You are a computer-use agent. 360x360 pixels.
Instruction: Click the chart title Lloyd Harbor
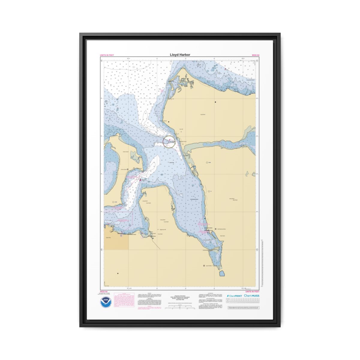coord(180,55)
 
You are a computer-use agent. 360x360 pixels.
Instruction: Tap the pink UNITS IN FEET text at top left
coord(107,55)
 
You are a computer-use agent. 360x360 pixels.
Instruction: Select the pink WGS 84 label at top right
coord(256,55)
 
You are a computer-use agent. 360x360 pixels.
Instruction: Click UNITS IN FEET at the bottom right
coord(252,291)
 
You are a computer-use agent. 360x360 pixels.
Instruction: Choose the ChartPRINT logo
coord(234,296)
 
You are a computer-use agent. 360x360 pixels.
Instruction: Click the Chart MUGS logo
coord(252,295)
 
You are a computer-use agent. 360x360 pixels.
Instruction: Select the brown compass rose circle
coord(169,142)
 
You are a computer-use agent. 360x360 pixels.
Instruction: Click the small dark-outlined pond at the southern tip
coord(223,273)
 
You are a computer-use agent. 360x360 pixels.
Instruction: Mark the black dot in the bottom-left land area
coord(118,273)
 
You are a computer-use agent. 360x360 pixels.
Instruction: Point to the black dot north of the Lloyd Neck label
coord(215,102)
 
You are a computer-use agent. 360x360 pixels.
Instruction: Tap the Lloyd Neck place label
coord(202,115)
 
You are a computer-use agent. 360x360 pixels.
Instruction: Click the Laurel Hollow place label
coord(209,266)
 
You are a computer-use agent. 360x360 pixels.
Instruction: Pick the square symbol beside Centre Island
coord(128,169)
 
